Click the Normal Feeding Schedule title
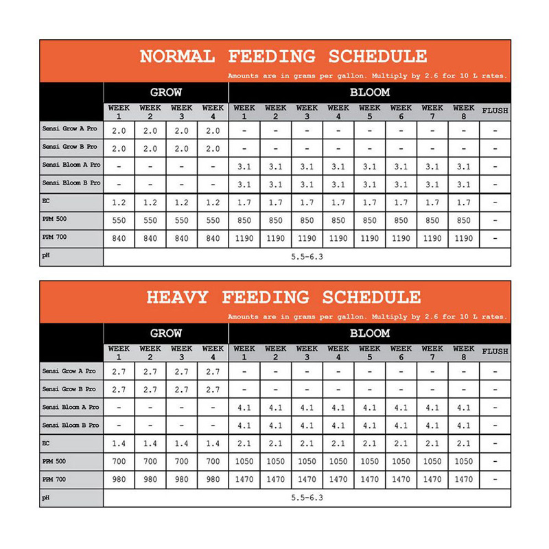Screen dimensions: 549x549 (283, 56)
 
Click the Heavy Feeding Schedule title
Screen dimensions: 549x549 (283, 297)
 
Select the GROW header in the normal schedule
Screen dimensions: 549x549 (165, 92)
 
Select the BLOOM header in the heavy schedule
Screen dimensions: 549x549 (370, 334)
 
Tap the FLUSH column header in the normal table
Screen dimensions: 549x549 (495, 110)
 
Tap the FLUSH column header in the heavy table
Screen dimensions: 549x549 (495, 351)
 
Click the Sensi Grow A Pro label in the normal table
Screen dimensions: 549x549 (69, 130)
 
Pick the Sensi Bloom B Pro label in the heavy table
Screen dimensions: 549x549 (70, 425)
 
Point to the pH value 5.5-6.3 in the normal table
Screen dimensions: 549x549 (307, 257)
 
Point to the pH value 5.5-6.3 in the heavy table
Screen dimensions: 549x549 (307, 498)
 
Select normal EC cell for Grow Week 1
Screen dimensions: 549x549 (119, 202)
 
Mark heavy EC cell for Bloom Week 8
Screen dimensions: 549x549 (464, 443)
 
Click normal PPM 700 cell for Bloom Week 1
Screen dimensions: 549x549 (244, 238)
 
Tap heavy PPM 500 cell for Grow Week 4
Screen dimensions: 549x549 (213, 461)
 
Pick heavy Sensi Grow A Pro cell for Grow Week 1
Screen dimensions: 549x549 (119, 371)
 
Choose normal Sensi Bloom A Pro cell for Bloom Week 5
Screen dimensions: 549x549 (369, 166)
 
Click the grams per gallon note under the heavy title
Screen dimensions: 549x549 (367, 317)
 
